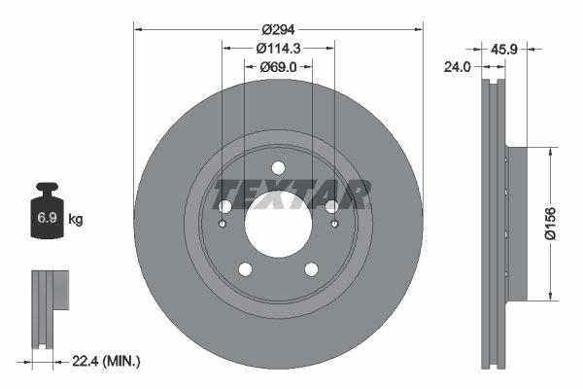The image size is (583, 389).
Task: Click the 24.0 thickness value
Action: click(x=458, y=67)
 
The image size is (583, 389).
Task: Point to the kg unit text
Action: click(x=76, y=220)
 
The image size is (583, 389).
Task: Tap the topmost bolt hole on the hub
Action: click(x=278, y=167)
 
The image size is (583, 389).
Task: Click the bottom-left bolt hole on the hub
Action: click(x=245, y=269)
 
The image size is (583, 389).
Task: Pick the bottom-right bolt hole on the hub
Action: click(x=311, y=269)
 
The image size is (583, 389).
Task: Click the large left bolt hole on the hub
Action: click(x=224, y=206)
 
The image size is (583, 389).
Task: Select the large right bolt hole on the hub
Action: click(x=331, y=206)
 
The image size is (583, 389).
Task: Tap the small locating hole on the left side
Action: click(x=223, y=225)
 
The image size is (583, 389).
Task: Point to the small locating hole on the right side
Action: click(x=335, y=225)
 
